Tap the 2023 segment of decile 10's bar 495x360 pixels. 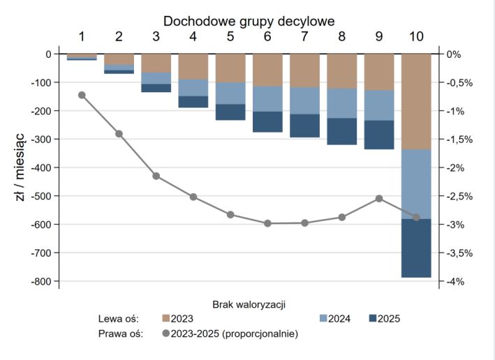(416, 101)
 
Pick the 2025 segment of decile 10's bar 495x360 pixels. (416, 248)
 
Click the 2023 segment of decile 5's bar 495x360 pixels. (230, 68)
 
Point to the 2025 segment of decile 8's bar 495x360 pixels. (341, 131)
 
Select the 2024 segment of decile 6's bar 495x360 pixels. (267, 99)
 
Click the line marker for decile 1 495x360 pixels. (82, 95)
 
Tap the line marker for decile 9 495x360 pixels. (379, 198)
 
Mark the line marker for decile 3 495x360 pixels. (156, 176)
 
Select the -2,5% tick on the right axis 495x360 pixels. (460, 196)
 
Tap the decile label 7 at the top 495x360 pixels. (304, 36)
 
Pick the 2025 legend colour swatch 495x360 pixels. (373, 319)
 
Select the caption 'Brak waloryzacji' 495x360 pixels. (249, 304)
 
